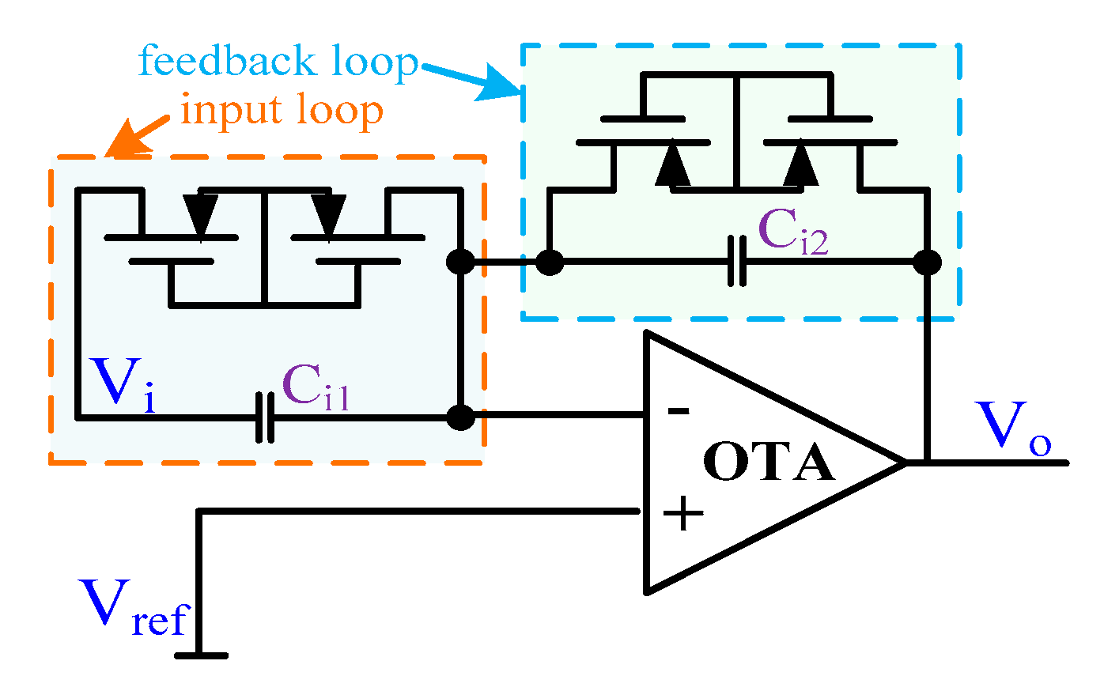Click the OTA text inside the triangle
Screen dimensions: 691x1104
[x=768, y=463]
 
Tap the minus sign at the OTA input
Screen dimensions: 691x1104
[x=678, y=411]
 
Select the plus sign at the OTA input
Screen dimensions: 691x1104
[x=682, y=514]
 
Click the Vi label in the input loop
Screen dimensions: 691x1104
[x=123, y=386]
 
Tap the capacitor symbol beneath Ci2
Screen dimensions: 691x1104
[x=737, y=261]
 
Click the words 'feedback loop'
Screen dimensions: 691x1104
[x=278, y=62]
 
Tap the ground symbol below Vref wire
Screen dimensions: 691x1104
[x=201, y=655]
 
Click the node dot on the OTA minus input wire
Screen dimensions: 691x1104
[x=460, y=417]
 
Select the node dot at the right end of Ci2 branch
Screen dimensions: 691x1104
[x=927, y=262]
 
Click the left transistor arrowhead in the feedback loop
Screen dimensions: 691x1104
[x=673, y=164]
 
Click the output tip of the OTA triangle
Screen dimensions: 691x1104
[x=906, y=462]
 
